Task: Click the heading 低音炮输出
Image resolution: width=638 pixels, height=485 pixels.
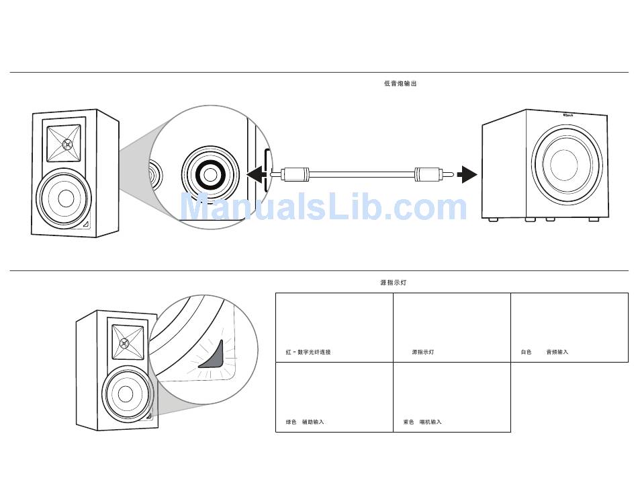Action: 400,83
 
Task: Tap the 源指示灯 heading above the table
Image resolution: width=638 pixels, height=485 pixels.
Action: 393,283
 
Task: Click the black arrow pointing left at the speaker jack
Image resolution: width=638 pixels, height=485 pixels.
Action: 256,176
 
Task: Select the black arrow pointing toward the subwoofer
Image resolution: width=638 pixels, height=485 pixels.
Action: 467,176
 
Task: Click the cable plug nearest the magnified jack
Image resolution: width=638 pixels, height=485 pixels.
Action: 293,176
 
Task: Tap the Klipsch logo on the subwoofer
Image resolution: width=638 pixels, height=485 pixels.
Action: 568,115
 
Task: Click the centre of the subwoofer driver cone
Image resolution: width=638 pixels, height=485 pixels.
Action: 563,162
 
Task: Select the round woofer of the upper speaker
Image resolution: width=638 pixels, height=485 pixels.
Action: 65,198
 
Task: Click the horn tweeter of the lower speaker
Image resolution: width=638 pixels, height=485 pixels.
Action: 124,342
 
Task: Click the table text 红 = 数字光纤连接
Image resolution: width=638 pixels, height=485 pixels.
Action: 308,352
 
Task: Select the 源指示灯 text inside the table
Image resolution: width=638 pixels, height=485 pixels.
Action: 422,352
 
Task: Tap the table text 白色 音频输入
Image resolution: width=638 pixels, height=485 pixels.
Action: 545,352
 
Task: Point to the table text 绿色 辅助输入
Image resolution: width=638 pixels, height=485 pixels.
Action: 305,422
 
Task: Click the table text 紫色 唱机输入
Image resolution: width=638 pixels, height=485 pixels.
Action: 422,422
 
